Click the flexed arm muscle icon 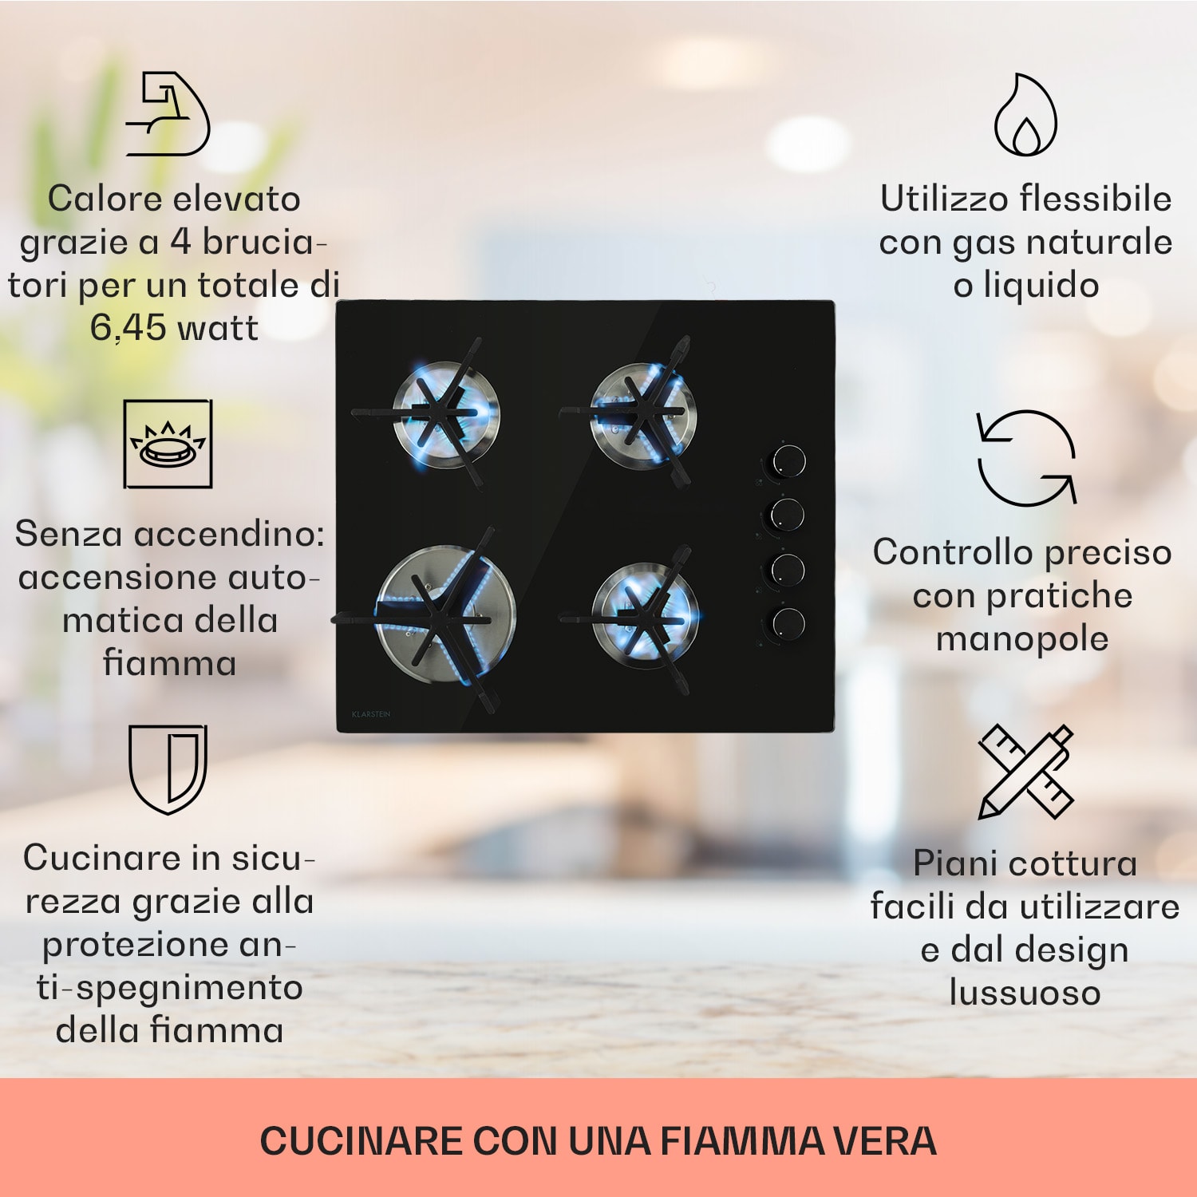(x=168, y=113)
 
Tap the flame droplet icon (x=1025, y=116)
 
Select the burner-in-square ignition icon (x=168, y=444)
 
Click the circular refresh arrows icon (x=1026, y=458)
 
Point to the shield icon (x=168, y=768)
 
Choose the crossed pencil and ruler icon (x=1026, y=771)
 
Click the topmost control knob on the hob (x=788, y=461)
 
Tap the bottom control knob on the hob (x=788, y=622)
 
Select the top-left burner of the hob (x=447, y=413)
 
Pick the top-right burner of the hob (x=643, y=412)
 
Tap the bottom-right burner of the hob (x=645, y=616)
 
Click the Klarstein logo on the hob (x=371, y=714)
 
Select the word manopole (x=1022, y=638)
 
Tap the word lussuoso (x=1025, y=993)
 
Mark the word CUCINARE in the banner (x=361, y=1141)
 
